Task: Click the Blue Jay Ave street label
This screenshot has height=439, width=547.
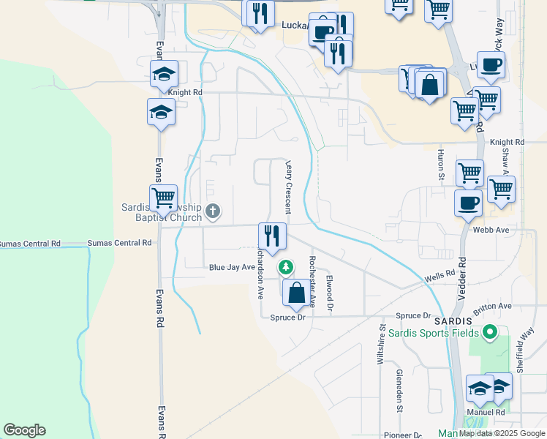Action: [231, 268]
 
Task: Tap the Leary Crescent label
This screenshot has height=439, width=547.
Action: [289, 187]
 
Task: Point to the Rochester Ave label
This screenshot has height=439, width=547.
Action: [312, 281]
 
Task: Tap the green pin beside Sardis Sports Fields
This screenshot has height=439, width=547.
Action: [491, 334]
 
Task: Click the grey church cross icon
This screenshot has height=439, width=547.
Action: [213, 212]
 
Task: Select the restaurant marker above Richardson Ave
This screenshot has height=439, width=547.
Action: [272, 236]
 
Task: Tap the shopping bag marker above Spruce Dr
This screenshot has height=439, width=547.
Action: [296, 293]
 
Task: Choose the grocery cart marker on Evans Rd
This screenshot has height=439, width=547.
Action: [163, 198]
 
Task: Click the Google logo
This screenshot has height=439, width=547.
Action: [24, 430]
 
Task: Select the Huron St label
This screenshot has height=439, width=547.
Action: [441, 165]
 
